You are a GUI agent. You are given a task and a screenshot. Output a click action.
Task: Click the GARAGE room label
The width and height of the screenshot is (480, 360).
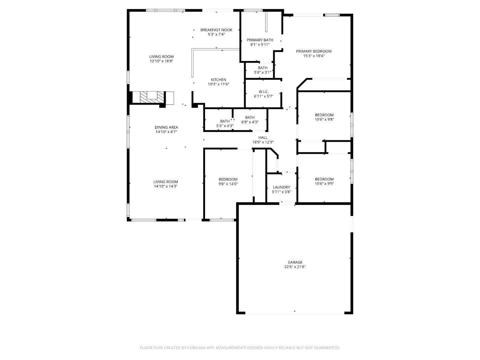click(x=295, y=262)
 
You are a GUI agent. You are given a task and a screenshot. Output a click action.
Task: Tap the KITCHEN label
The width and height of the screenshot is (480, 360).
click(x=218, y=80)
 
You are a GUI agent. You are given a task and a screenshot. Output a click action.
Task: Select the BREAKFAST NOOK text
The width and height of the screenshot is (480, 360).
click(x=216, y=30)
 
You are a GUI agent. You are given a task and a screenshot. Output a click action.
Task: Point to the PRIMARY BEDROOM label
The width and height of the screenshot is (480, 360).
click(x=314, y=51)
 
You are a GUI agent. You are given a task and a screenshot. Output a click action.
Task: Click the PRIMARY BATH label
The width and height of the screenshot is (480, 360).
click(x=260, y=40)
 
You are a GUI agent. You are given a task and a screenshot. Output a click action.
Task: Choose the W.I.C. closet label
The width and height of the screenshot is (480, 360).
click(x=263, y=92)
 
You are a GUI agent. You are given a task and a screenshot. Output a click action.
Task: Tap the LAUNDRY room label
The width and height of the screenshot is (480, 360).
click(x=281, y=187)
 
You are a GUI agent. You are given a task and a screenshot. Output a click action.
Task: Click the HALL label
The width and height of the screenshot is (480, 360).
click(x=263, y=137)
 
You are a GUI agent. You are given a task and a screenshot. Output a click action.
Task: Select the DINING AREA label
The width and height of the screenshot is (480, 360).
click(x=166, y=127)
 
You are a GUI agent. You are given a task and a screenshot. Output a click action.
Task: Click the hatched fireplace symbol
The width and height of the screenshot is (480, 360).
click(x=152, y=97)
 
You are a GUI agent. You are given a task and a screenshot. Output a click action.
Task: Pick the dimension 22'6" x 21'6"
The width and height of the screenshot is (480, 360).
click(x=295, y=267)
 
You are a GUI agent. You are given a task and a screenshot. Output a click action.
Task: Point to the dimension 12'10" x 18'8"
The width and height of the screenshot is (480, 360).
click(x=161, y=61)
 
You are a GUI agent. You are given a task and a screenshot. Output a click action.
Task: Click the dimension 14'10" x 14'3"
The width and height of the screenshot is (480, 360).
click(x=166, y=186)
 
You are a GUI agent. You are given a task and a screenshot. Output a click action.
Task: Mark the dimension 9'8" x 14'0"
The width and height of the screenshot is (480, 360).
click(x=228, y=184)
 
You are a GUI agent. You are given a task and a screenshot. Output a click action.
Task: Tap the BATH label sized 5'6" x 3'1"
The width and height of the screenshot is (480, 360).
click(x=262, y=68)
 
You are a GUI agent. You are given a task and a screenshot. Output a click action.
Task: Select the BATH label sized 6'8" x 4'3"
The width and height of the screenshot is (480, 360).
click(x=250, y=117)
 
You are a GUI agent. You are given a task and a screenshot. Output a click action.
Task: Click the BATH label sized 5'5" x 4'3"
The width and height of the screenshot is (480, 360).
click(x=225, y=121)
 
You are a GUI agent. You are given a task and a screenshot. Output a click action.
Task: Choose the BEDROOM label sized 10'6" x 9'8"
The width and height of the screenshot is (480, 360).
click(x=324, y=115)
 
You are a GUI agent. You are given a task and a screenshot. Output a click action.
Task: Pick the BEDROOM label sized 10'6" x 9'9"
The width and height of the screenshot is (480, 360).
click(x=324, y=179)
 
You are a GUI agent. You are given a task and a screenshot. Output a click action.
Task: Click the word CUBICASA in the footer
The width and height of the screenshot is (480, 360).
click(x=197, y=348)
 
